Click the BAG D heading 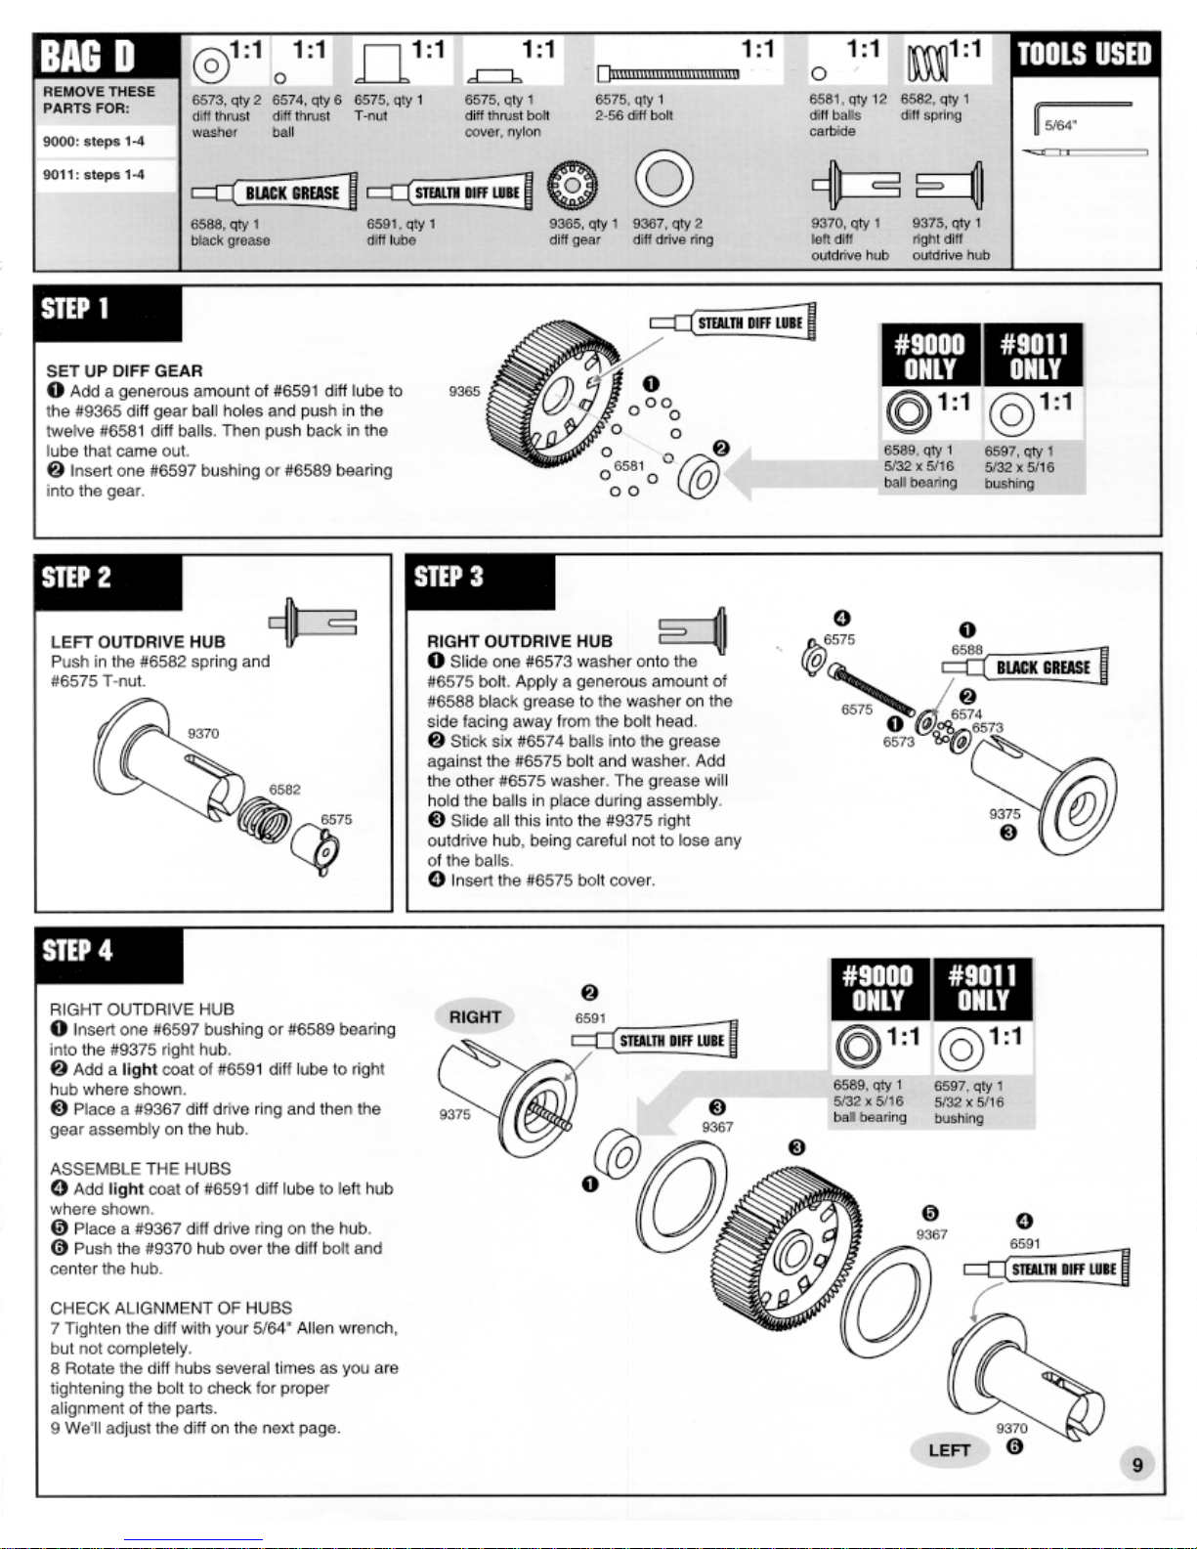[88, 57]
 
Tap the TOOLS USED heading [1085, 54]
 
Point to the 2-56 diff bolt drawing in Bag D [667, 72]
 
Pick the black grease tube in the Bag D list [275, 193]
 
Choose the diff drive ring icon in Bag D [664, 179]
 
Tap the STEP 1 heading [75, 310]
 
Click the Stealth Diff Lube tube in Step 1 [733, 323]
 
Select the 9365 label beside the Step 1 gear [464, 391]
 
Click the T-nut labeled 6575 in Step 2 [316, 849]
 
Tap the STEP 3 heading [449, 577]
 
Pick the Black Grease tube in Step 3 [1025, 667]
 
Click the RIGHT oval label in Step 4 [475, 1017]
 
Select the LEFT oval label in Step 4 [950, 1450]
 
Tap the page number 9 [1137, 1465]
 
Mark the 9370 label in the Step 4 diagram [1011, 1429]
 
